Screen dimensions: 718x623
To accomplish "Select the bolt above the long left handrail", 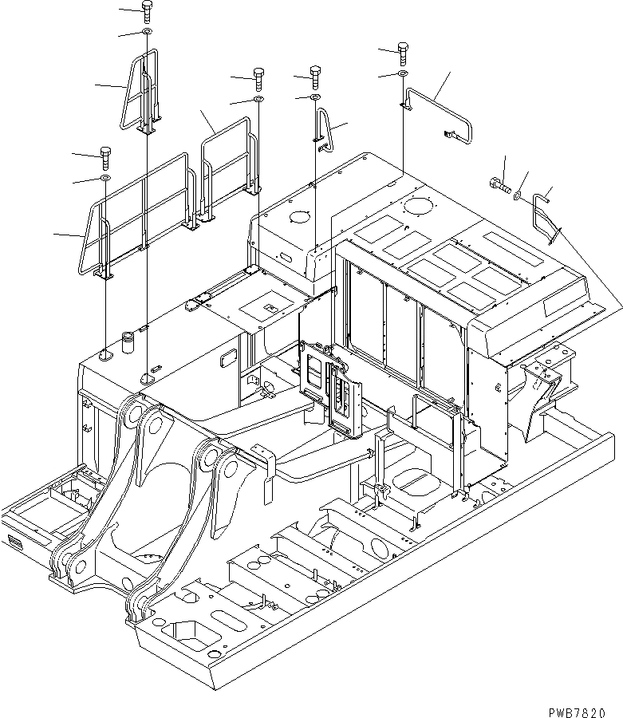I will pyautogui.click(x=105, y=154).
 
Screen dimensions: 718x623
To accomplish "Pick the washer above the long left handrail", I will pyautogui.click(x=105, y=177).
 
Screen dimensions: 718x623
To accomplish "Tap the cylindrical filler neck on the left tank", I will pyautogui.click(x=127, y=341).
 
